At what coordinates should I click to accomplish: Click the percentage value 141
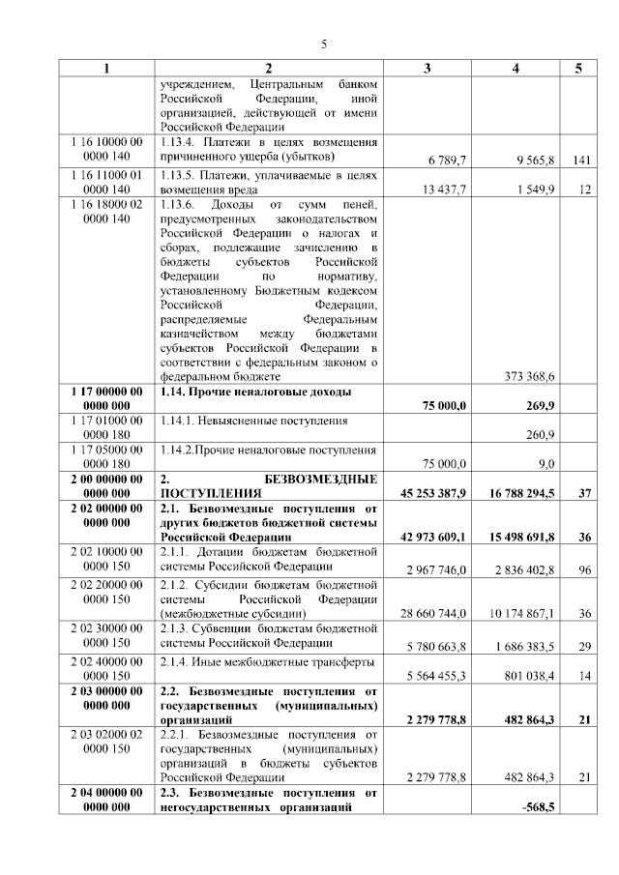(x=580, y=160)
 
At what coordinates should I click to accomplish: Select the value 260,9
(x=539, y=435)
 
